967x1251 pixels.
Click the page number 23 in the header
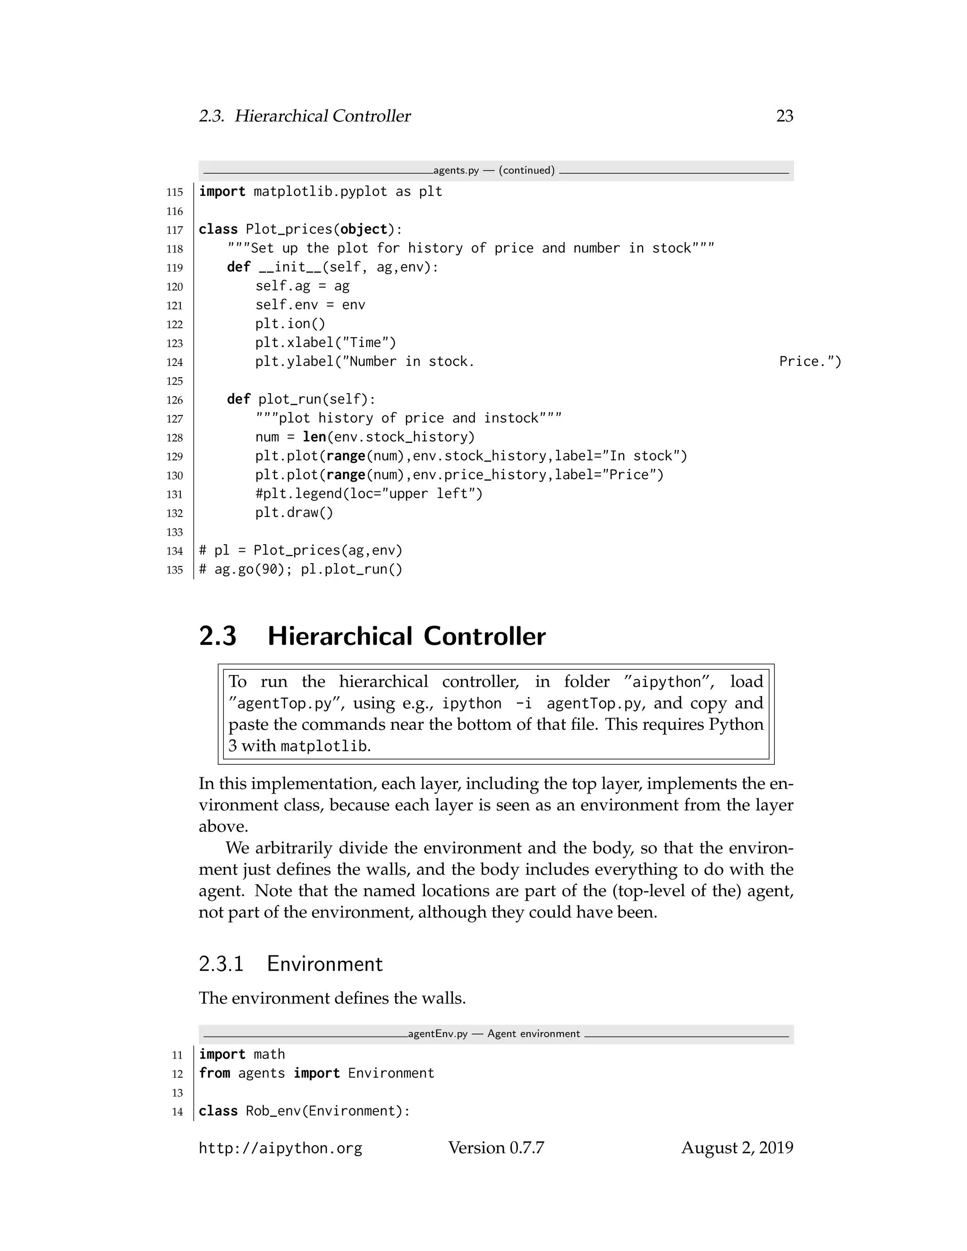784,116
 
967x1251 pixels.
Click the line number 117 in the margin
175,230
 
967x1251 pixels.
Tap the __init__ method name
290,268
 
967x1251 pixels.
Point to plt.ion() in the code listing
290,324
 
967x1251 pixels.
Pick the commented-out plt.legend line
369,494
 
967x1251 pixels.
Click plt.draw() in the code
294,513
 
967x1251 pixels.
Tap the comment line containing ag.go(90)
301,569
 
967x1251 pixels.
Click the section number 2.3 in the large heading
218,636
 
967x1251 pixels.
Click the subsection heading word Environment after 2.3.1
324,964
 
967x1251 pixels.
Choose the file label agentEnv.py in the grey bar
438,1034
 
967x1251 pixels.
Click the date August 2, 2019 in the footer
737,1148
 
